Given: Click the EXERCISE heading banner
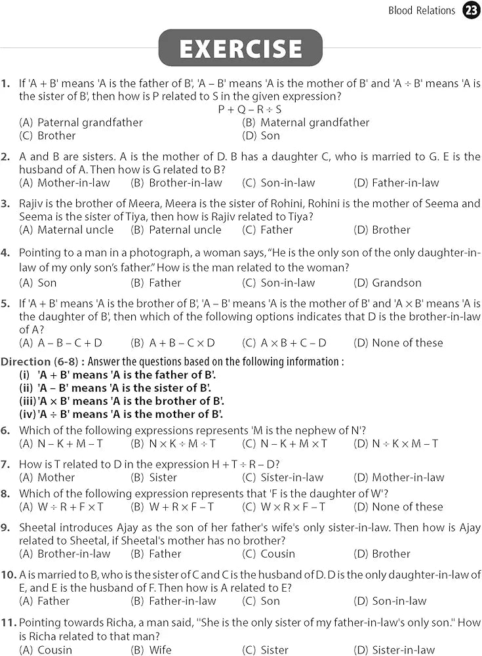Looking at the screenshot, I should [x=241, y=49].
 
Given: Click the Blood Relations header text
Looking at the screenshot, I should [x=421, y=10].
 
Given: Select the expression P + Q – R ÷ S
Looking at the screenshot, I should [x=249, y=110].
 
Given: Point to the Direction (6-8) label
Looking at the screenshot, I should [x=43, y=362].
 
